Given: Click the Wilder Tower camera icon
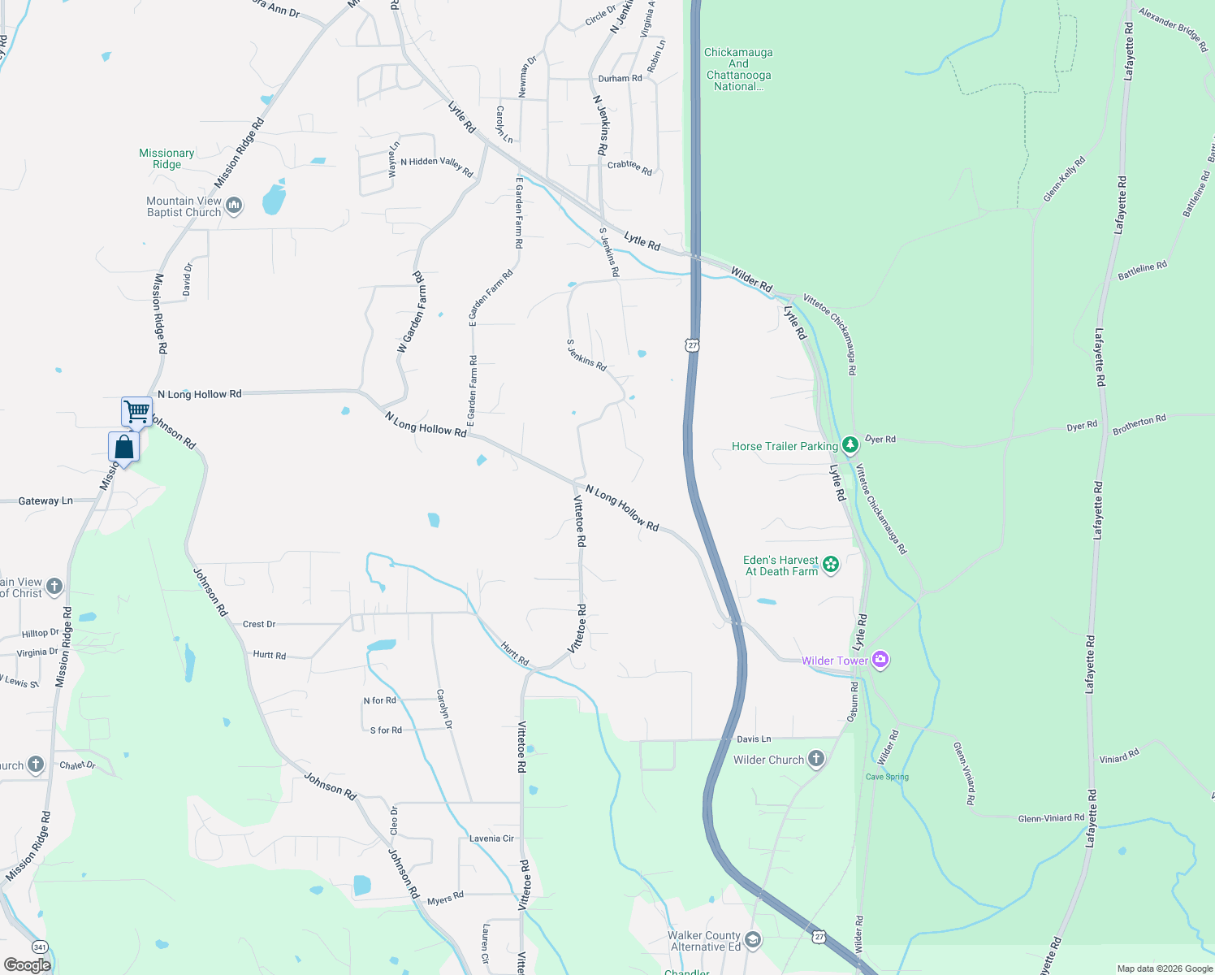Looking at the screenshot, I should [880, 660].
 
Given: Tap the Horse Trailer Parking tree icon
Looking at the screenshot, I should [850, 445].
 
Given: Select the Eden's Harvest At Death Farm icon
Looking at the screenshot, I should [830, 565].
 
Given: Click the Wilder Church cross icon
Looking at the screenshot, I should [816, 759].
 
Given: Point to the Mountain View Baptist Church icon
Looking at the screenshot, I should [234, 206].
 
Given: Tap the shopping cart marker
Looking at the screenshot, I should [136, 411].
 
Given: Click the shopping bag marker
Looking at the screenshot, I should [123, 447].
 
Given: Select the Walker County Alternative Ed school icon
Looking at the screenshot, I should [753, 940].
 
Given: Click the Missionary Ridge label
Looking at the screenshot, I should [166, 158].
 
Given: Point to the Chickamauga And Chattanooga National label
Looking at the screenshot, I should [738, 69].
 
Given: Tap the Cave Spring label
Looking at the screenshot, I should [887, 777].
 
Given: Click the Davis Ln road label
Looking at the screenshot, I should [754, 739].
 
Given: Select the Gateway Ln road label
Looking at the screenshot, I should [45, 501].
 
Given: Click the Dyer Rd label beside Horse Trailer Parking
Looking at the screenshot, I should [880, 439].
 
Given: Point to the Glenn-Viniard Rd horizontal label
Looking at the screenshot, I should [1051, 818].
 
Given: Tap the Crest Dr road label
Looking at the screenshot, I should [259, 624].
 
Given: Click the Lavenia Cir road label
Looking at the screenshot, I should [491, 838].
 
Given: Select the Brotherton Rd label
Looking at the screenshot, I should [1139, 424].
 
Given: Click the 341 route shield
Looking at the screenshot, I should [39, 947].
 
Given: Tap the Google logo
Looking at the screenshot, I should [28, 965].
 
